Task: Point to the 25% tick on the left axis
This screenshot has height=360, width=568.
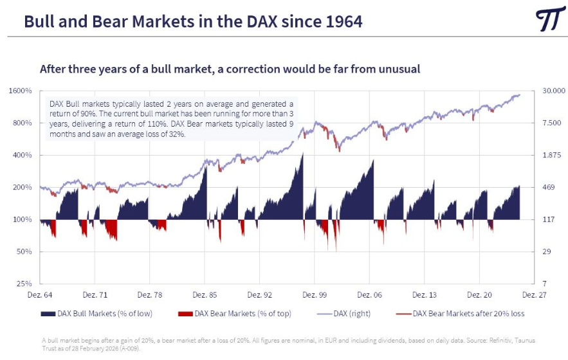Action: pyautogui.click(x=24, y=283)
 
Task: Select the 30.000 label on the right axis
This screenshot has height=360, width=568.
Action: pyautogui.click(x=553, y=91)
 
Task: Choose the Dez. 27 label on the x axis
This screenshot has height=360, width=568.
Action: pyautogui.click(x=533, y=295)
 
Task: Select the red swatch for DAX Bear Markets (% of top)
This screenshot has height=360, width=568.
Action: pyautogui.click(x=185, y=314)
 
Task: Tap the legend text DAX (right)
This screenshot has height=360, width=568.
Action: pyautogui.click(x=353, y=314)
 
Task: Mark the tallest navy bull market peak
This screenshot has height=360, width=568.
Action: pyautogui.click(x=303, y=152)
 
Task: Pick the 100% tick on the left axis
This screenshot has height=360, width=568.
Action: pyautogui.click(x=23, y=219)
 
